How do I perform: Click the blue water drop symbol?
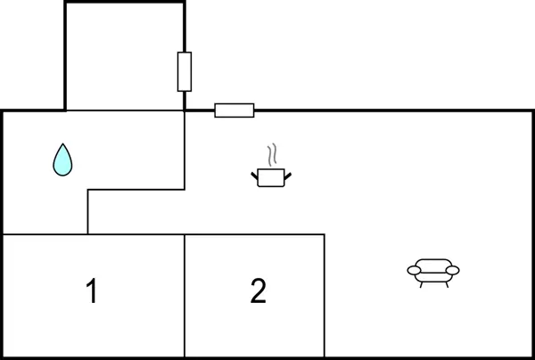tap(62, 160)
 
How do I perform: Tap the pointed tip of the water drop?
tap(62, 143)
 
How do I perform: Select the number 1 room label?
tap(92, 290)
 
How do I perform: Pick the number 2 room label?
tap(258, 290)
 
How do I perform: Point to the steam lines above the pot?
tap(272, 154)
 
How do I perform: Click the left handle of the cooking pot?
tap(255, 176)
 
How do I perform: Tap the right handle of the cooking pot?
tap(288, 176)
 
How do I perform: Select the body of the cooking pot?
tap(271, 177)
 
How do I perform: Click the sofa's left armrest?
tap(415, 270)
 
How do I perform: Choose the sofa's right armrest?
tap(452, 270)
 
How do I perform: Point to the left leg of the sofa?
tap(422, 284)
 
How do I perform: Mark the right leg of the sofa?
tap(447, 284)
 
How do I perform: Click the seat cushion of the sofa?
tap(433, 277)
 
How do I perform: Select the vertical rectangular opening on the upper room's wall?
tap(185, 71)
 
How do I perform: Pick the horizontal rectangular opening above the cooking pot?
tap(235, 110)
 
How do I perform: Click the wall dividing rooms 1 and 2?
tap(185, 296)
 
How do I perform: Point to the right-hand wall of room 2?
tap(325, 296)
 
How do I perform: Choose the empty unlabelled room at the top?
tap(125, 57)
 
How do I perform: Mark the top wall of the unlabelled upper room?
tap(125, 3)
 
